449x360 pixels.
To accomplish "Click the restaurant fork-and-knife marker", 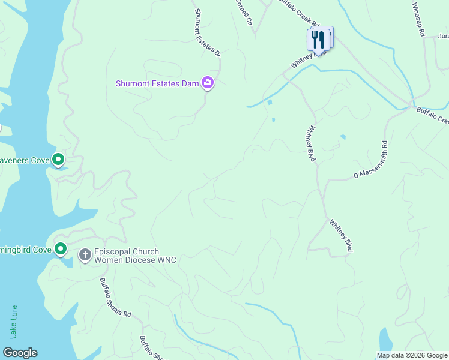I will pyautogui.click(x=318, y=40).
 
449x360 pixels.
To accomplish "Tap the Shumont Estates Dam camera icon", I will pyautogui.click(x=208, y=83).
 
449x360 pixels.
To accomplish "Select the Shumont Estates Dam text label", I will pyautogui.click(x=157, y=83).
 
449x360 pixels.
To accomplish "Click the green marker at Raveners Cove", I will pyautogui.click(x=58, y=160).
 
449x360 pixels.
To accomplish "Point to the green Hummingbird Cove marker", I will pyautogui.click(x=61, y=248).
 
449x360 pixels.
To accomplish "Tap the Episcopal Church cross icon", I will pyautogui.click(x=85, y=255).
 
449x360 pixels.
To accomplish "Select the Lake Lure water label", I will pyautogui.click(x=14, y=321).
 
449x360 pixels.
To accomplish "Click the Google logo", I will pyautogui.click(x=20, y=352).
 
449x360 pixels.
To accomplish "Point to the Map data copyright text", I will pyautogui.click(x=412, y=355).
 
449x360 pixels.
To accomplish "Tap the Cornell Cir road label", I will pyautogui.click(x=243, y=11).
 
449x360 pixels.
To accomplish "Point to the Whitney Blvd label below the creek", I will pyautogui.click(x=310, y=143).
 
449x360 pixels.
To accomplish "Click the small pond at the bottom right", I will pyautogui.click(x=385, y=339).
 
